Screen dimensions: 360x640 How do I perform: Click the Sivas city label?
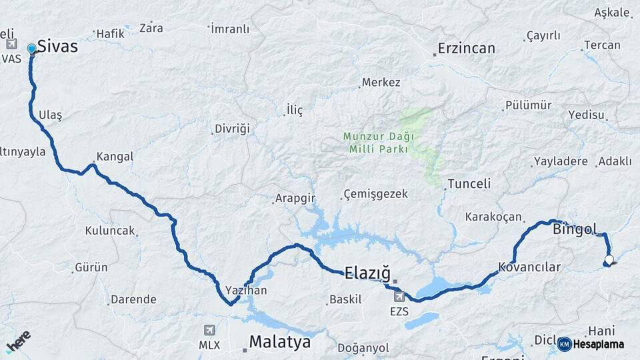tap(58, 47)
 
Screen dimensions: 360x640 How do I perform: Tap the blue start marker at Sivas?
tap(31, 49)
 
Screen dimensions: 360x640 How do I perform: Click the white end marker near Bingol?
tap(609, 260)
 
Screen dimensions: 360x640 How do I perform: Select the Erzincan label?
tap(467, 49)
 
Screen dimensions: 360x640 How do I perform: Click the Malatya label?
tap(280, 342)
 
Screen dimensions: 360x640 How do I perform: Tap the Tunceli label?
tap(469, 183)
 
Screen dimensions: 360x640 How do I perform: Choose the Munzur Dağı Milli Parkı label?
tap(378, 143)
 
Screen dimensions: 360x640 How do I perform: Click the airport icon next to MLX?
tap(210, 330)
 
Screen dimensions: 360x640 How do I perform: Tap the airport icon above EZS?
tap(399, 296)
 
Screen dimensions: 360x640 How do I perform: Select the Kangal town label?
tap(115, 157)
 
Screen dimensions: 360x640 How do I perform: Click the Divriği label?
tap(232, 129)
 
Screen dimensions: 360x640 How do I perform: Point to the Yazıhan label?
tap(246, 290)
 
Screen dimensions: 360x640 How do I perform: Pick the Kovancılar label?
tap(530, 267)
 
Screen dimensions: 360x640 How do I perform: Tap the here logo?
tap(18, 341)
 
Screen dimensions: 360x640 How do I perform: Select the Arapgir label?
tap(295, 198)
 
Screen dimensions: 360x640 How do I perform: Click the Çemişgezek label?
tap(375, 195)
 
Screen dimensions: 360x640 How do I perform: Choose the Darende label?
tap(133, 299)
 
